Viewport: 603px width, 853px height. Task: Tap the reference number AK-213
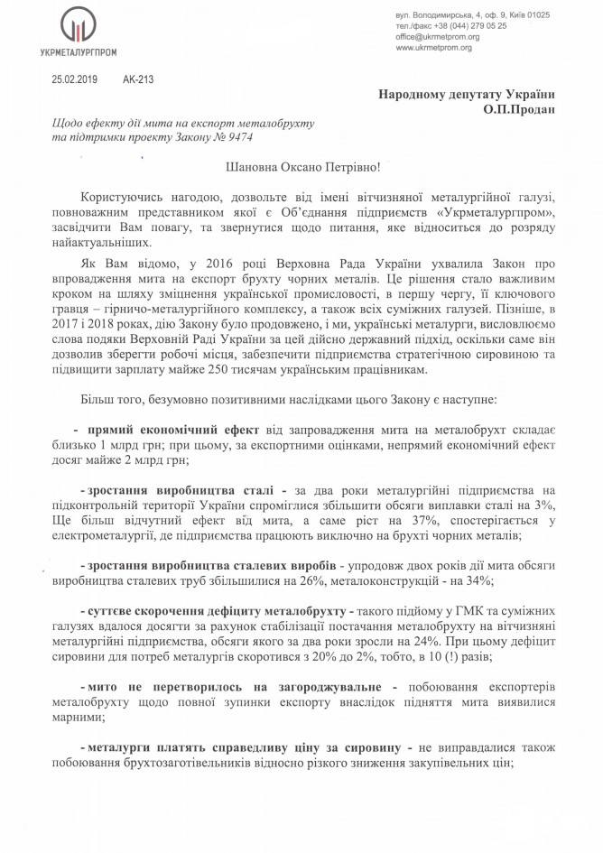(x=137, y=79)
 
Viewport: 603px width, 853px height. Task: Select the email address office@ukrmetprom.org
(x=436, y=37)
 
